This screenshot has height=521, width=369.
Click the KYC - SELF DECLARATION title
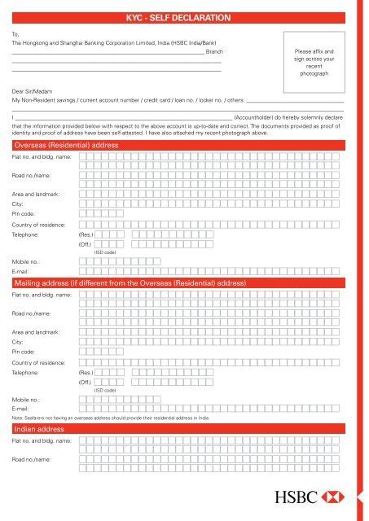tap(184, 17)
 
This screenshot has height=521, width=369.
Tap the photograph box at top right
tap(314, 62)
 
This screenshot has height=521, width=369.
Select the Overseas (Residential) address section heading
tap(66, 144)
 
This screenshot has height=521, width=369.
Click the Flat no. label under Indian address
tap(42, 440)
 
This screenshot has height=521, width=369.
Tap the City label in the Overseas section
tap(18, 204)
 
